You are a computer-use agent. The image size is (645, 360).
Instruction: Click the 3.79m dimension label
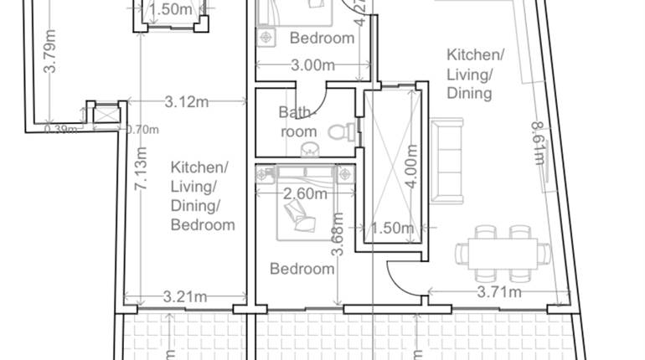pos(50,52)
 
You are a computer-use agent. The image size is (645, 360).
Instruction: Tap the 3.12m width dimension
pos(186,102)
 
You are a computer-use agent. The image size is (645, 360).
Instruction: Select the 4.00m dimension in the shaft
pos(410,168)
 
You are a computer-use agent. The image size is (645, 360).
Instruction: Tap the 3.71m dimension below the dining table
pos(499,291)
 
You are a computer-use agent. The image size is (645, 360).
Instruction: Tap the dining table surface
pos(503,252)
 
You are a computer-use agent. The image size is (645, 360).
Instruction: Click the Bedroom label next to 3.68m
pos(302,269)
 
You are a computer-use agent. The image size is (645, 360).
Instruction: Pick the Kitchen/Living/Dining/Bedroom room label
pos(202,196)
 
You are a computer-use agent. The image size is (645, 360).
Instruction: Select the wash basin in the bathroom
pos(309,149)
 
